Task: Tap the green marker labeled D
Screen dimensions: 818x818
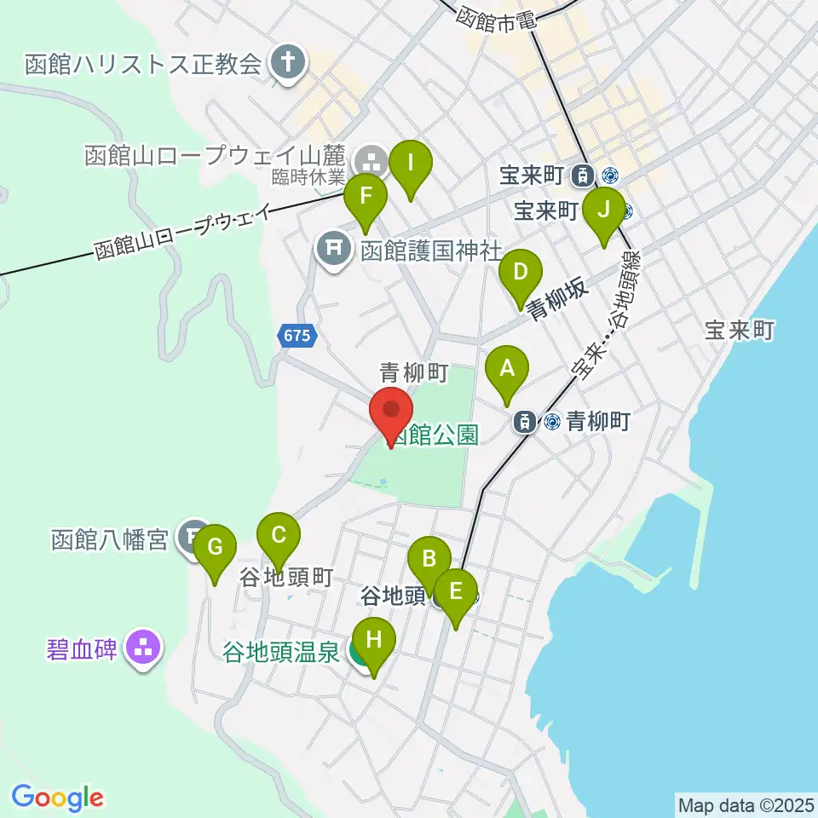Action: click(x=520, y=273)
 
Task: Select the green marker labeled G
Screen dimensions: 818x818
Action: click(x=215, y=546)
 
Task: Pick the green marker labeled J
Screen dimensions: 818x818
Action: click(x=603, y=210)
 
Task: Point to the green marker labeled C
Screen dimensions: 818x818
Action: click(x=279, y=536)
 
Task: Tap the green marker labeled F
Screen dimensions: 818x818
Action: click(x=366, y=198)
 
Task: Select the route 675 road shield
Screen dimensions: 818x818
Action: click(x=296, y=337)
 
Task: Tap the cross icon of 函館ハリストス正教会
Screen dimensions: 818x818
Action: click(x=288, y=63)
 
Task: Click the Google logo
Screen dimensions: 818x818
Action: click(x=58, y=797)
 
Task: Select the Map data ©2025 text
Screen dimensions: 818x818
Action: click(x=746, y=804)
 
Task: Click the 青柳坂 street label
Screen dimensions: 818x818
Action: click(x=558, y=302)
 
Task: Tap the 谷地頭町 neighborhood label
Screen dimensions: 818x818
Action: click(x=285, y=577)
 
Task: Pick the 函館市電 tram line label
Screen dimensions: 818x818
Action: click(x=497, y=18)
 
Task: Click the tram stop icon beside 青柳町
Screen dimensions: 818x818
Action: click(x=525, y=421)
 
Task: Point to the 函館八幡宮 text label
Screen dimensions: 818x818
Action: click(x=109, y=540)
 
